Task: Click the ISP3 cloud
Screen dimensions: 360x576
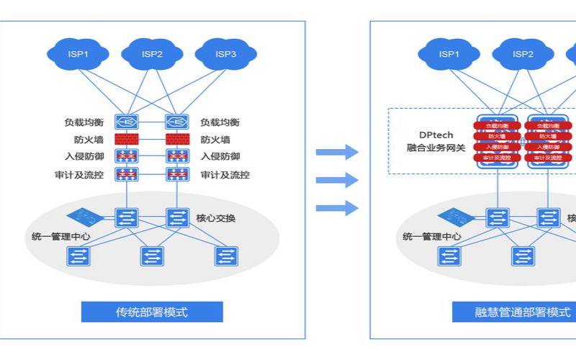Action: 226,54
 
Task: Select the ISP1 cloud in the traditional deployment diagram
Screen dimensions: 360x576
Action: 78,54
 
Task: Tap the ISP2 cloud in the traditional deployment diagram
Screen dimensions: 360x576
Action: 152,54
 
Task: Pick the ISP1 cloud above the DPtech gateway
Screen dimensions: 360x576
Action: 449,54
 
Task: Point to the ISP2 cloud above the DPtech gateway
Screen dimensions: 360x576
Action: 523,54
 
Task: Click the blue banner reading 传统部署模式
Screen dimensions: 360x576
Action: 152,312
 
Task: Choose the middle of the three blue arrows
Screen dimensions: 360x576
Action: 337,180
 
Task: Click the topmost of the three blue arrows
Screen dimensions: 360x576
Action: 337,152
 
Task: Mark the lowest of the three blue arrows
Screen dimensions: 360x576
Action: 337,208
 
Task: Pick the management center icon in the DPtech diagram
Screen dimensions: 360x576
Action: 454,215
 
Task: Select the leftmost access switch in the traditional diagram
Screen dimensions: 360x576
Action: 77,256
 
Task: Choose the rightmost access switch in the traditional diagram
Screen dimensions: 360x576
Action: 226,256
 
